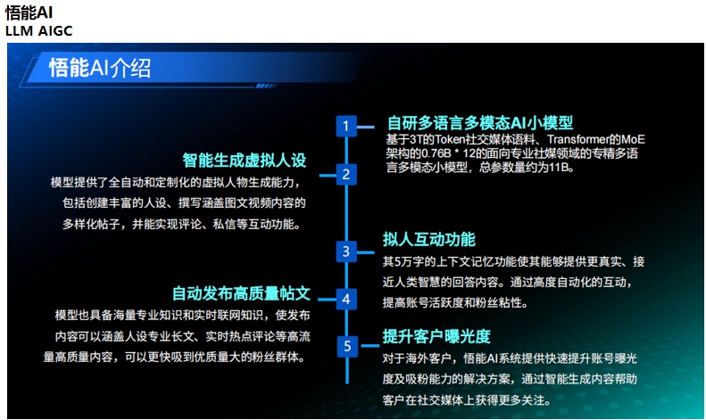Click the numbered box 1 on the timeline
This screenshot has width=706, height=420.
pyautogui.click(x=346, y=126)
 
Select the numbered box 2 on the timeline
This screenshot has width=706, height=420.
pyautogui.click(x=346, y=175)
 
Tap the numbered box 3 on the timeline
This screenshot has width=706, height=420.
pyautogui.click(x=346, y=251)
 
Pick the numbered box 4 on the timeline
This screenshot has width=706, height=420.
pyautogui.click(x=346, y=299)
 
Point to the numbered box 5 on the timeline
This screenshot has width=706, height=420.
pyautogui.click(x=347, y=346)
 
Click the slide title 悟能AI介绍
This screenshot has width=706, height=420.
pyautogui.click(x=99, y=69)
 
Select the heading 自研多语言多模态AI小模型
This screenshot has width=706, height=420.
pyautogui.click(x=480, y=123)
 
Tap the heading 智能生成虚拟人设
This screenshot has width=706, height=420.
pyautogui.click(x=245, y=161)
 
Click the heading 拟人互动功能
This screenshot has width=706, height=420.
pyautogui.click(x=429, y=239)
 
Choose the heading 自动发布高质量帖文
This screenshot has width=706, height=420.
pyautogui.click(x=241, y=293)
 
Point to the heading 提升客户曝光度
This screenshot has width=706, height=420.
pyautogui.click(x=436, y=336)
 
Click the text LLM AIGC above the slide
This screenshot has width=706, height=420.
pyautogui.click(x=38, y=31)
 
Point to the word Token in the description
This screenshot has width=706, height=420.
pyautogui.click(x=450, y=140)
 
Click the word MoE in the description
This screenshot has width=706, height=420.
pyautogui.click(x=633, y=140)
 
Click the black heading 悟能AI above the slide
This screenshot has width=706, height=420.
pyautogui.click(x=29, y=12)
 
